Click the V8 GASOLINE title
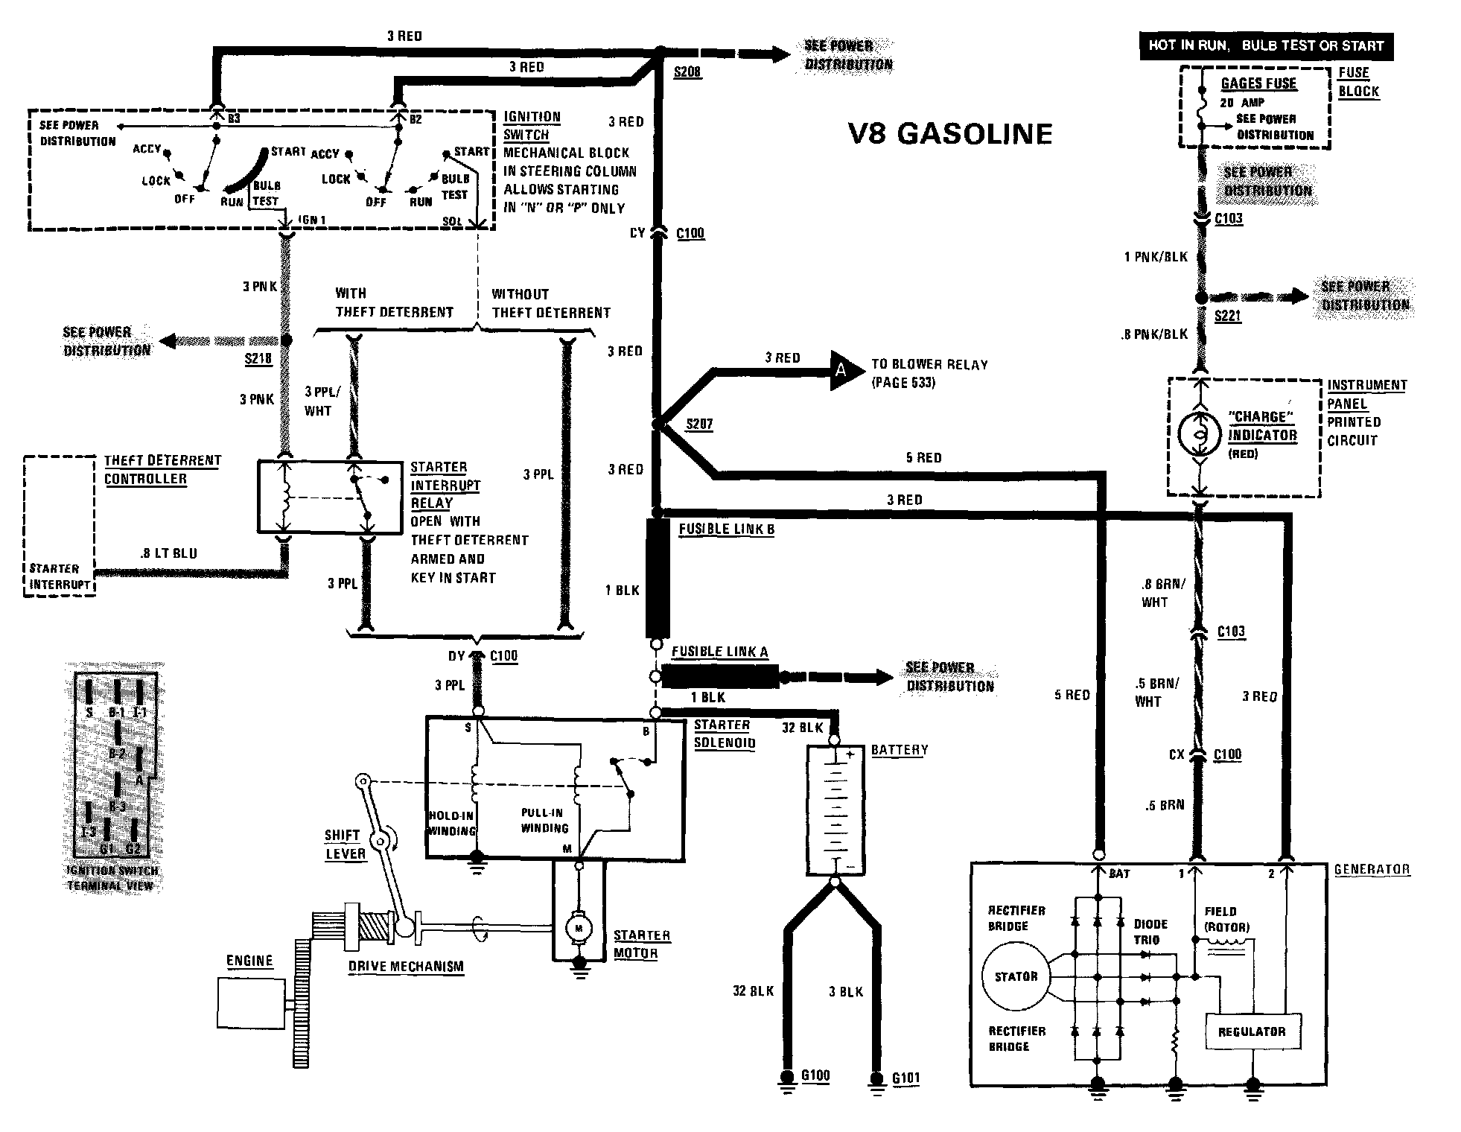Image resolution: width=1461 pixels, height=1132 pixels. pos(950,134)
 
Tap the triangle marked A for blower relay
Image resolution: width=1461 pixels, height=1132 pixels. pos(844,369)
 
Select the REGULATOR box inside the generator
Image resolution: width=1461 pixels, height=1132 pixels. pos(1252,1031)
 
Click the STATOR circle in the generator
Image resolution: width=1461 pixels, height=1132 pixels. pos(1016,976)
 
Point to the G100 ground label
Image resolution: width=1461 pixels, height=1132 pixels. pos(815,1075)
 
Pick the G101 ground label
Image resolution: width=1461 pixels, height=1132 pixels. pos(906,1078)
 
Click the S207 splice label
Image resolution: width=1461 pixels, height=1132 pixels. pos(699,424)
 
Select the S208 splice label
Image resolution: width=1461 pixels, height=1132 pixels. pos(687,72)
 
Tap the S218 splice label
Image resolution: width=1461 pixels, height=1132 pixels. pos(258,359)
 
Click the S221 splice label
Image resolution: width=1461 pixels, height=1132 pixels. pos(1228,316)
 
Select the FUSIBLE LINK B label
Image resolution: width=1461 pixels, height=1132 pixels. pos(726,530)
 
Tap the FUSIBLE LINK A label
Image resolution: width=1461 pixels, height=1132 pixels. pos(719,652)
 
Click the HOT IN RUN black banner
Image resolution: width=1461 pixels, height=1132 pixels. pos(1266,45)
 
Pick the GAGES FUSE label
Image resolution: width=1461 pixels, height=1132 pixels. pos(1258,83)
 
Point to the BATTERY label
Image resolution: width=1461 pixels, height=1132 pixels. pos(900,750)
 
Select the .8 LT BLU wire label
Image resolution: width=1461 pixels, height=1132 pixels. pos(168,553)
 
